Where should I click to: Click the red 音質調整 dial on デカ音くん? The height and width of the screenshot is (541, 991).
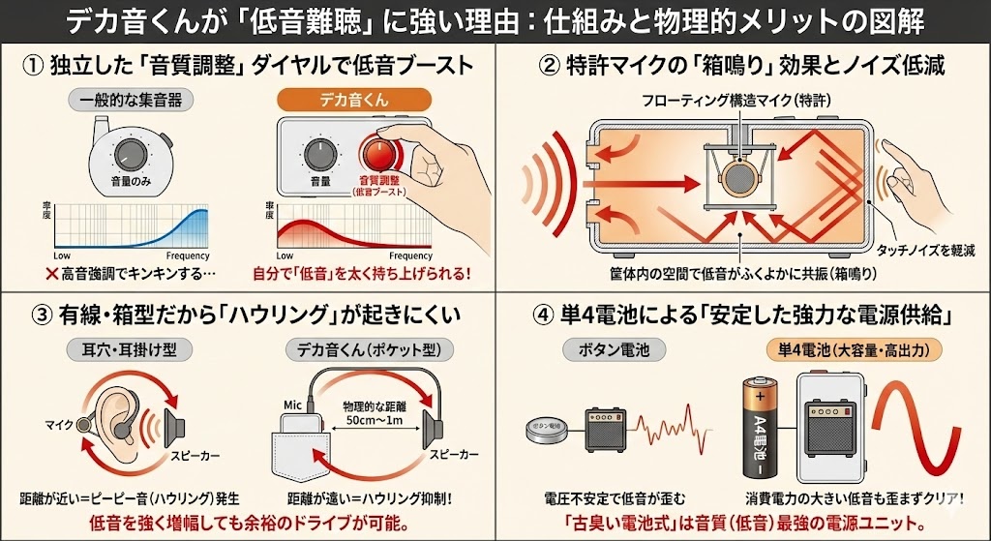tap(378, 153)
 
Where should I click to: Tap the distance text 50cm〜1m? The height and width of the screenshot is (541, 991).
tap(370, 424)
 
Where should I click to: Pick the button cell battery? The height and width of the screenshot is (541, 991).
tap(545, 429)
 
